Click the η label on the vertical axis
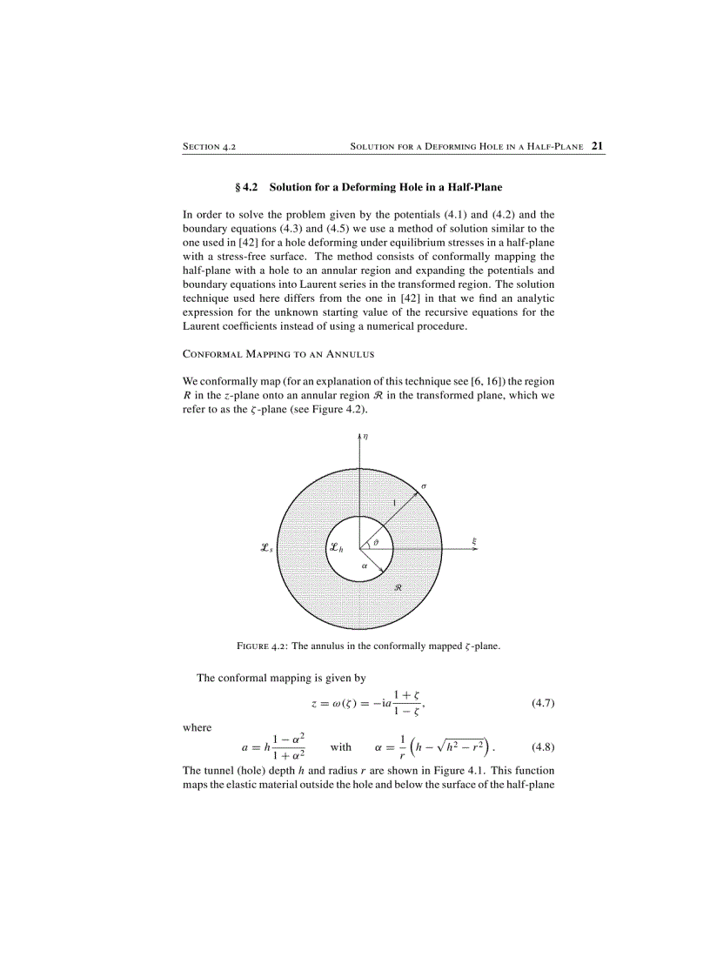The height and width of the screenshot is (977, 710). point(365,438)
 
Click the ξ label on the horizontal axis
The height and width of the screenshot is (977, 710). point(474,541)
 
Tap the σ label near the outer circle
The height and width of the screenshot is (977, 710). point(424,485)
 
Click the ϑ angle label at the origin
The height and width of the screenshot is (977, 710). point(375,543)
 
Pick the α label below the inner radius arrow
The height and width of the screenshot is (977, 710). point(364,565)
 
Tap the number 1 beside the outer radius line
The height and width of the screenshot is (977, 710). point(393,504)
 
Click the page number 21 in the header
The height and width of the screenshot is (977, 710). point(598,146)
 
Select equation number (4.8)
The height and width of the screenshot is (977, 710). point(542,746)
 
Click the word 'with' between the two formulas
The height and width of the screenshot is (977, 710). point(341,746)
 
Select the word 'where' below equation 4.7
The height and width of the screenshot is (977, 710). point(198,727)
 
